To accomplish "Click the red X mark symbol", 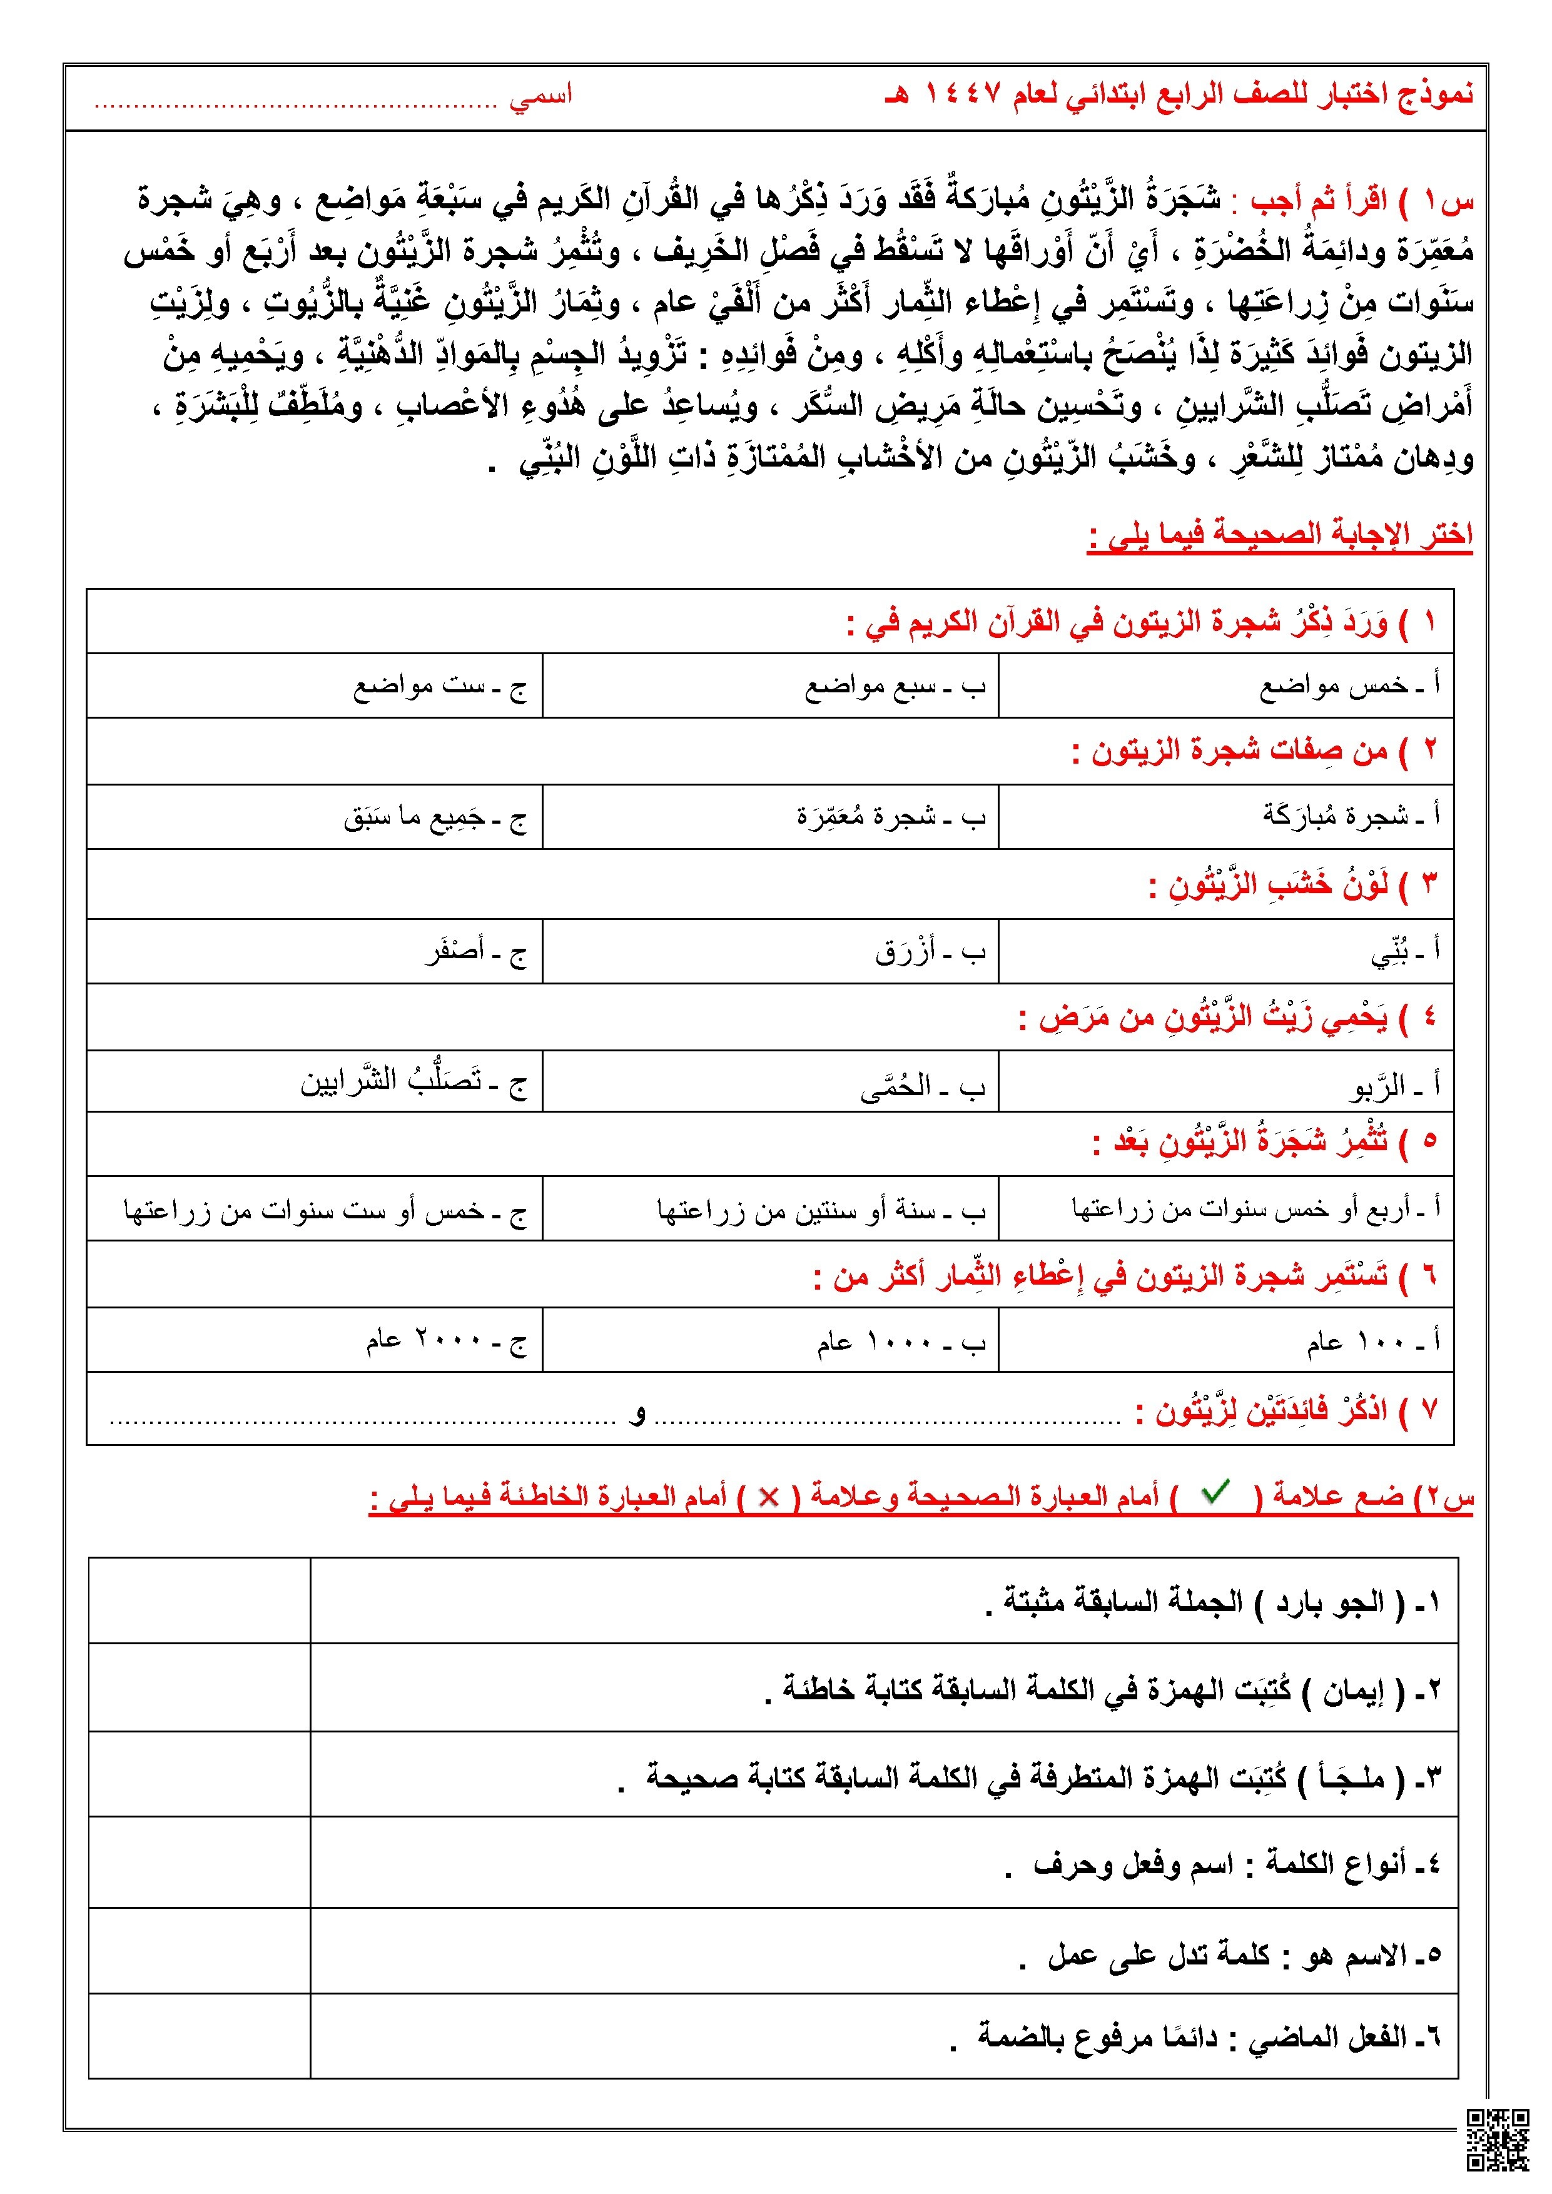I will point(768,1497).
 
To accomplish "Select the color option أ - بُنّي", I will point(1405,952).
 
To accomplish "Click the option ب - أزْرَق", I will point(929,952).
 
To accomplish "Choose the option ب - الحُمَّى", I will point(921,1086).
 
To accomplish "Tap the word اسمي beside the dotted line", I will point(540,96).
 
